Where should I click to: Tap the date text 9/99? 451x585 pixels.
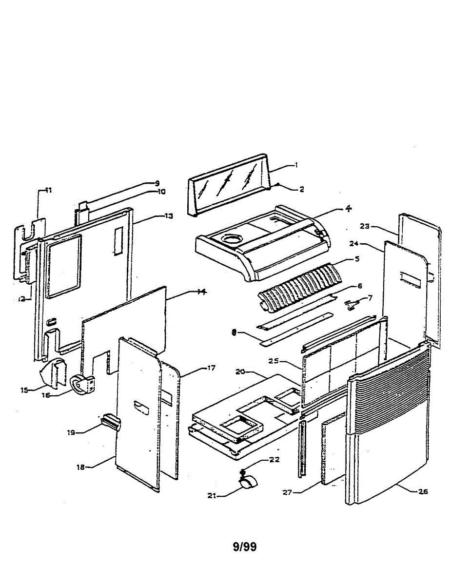(245, 546)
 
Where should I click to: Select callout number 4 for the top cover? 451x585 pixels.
(348, 208)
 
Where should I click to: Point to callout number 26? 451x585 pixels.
(422, 491)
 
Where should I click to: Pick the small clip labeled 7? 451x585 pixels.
(353, 305)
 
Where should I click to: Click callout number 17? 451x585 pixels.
(211, 368)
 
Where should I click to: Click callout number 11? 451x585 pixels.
(48, 190)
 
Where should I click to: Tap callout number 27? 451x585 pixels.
(287, 492)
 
